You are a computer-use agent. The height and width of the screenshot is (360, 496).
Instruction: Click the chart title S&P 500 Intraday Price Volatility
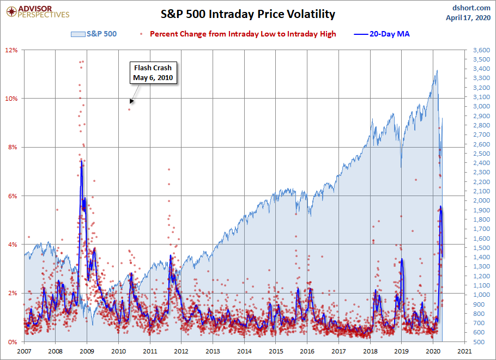(x=247, y=14)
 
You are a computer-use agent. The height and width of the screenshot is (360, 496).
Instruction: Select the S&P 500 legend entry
(x=94, y=34)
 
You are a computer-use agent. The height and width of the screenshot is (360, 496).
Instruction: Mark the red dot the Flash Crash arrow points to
(x=129, y=109)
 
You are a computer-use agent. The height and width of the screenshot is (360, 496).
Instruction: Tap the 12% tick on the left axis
(x=12, y=50)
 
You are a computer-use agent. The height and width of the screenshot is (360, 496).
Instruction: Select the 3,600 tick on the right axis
(x=478, y=50)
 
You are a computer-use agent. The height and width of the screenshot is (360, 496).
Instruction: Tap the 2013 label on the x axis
(x=213, y=351)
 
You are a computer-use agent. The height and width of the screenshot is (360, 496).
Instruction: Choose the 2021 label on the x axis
(x=464, y=351)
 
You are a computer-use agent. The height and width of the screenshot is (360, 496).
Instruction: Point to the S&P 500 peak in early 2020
(x=437, y=70)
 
